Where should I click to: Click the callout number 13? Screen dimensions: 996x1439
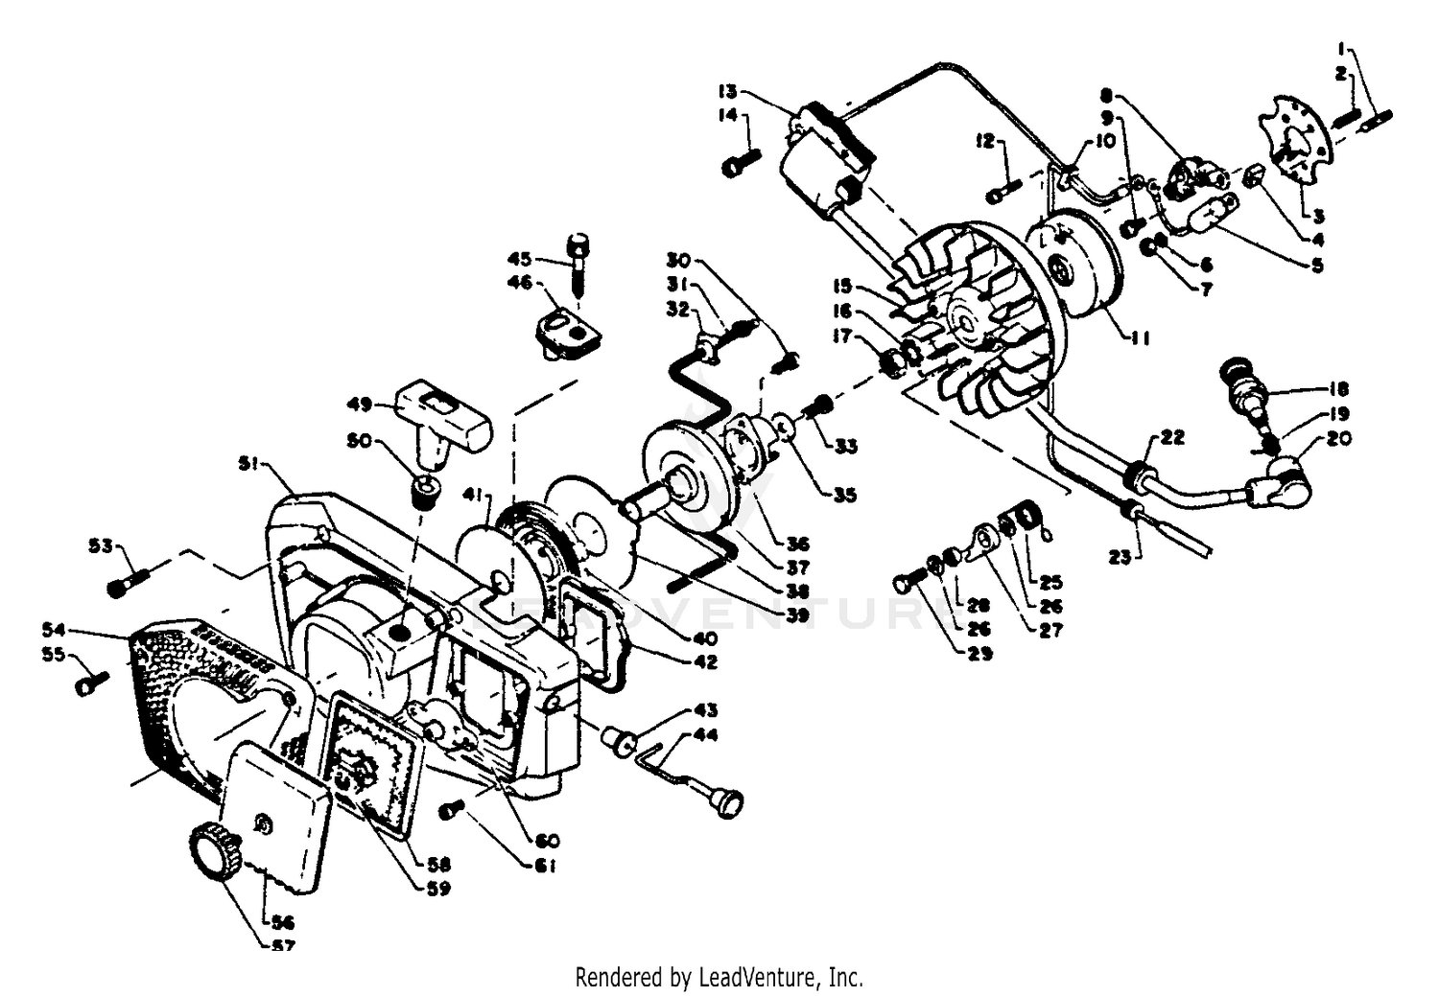[726, 92]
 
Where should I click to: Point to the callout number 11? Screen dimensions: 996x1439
[1141, 337]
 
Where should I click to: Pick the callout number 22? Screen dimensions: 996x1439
[1171, 437]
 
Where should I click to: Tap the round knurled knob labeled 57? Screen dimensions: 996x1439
[211, 849]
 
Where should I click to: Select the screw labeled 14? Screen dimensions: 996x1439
[740, 162]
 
